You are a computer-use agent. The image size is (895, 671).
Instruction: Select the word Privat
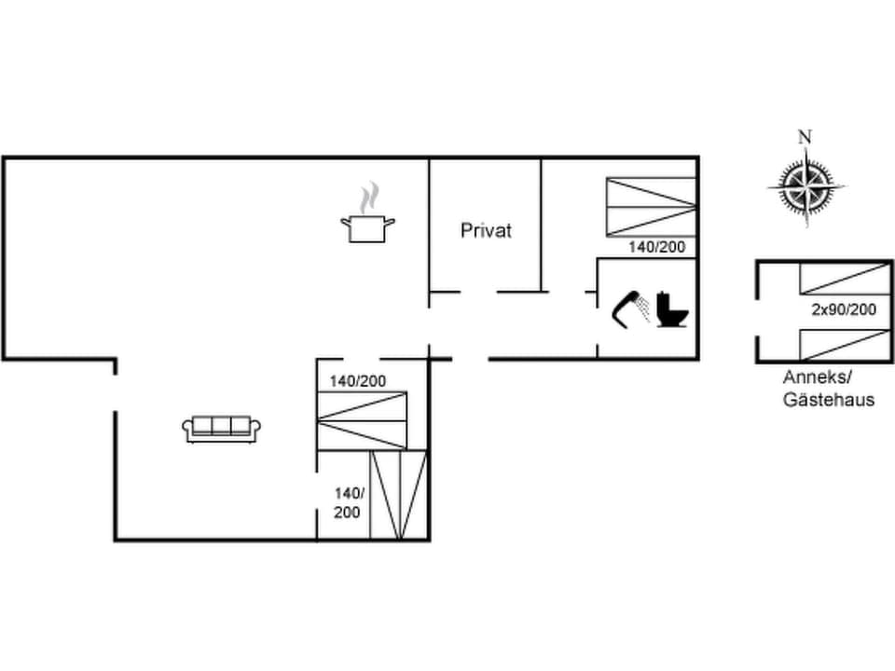(486, 230)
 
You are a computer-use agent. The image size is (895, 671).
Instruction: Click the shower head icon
(629, 308)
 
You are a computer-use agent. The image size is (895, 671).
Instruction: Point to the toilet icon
(672, 309)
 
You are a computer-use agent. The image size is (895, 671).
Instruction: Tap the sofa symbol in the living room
(221, 429)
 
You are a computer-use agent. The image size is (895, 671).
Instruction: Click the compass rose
(805, 186)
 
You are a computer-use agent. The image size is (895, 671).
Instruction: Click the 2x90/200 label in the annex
(843, 310)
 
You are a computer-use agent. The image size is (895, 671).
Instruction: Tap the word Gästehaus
(828, 400)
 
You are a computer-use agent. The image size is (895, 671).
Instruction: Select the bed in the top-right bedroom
(651, 206)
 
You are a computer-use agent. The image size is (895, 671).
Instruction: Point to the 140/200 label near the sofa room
(357, 380)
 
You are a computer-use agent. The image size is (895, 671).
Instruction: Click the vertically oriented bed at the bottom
(399, 495)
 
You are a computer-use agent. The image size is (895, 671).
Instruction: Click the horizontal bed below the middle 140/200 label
(362, 421)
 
